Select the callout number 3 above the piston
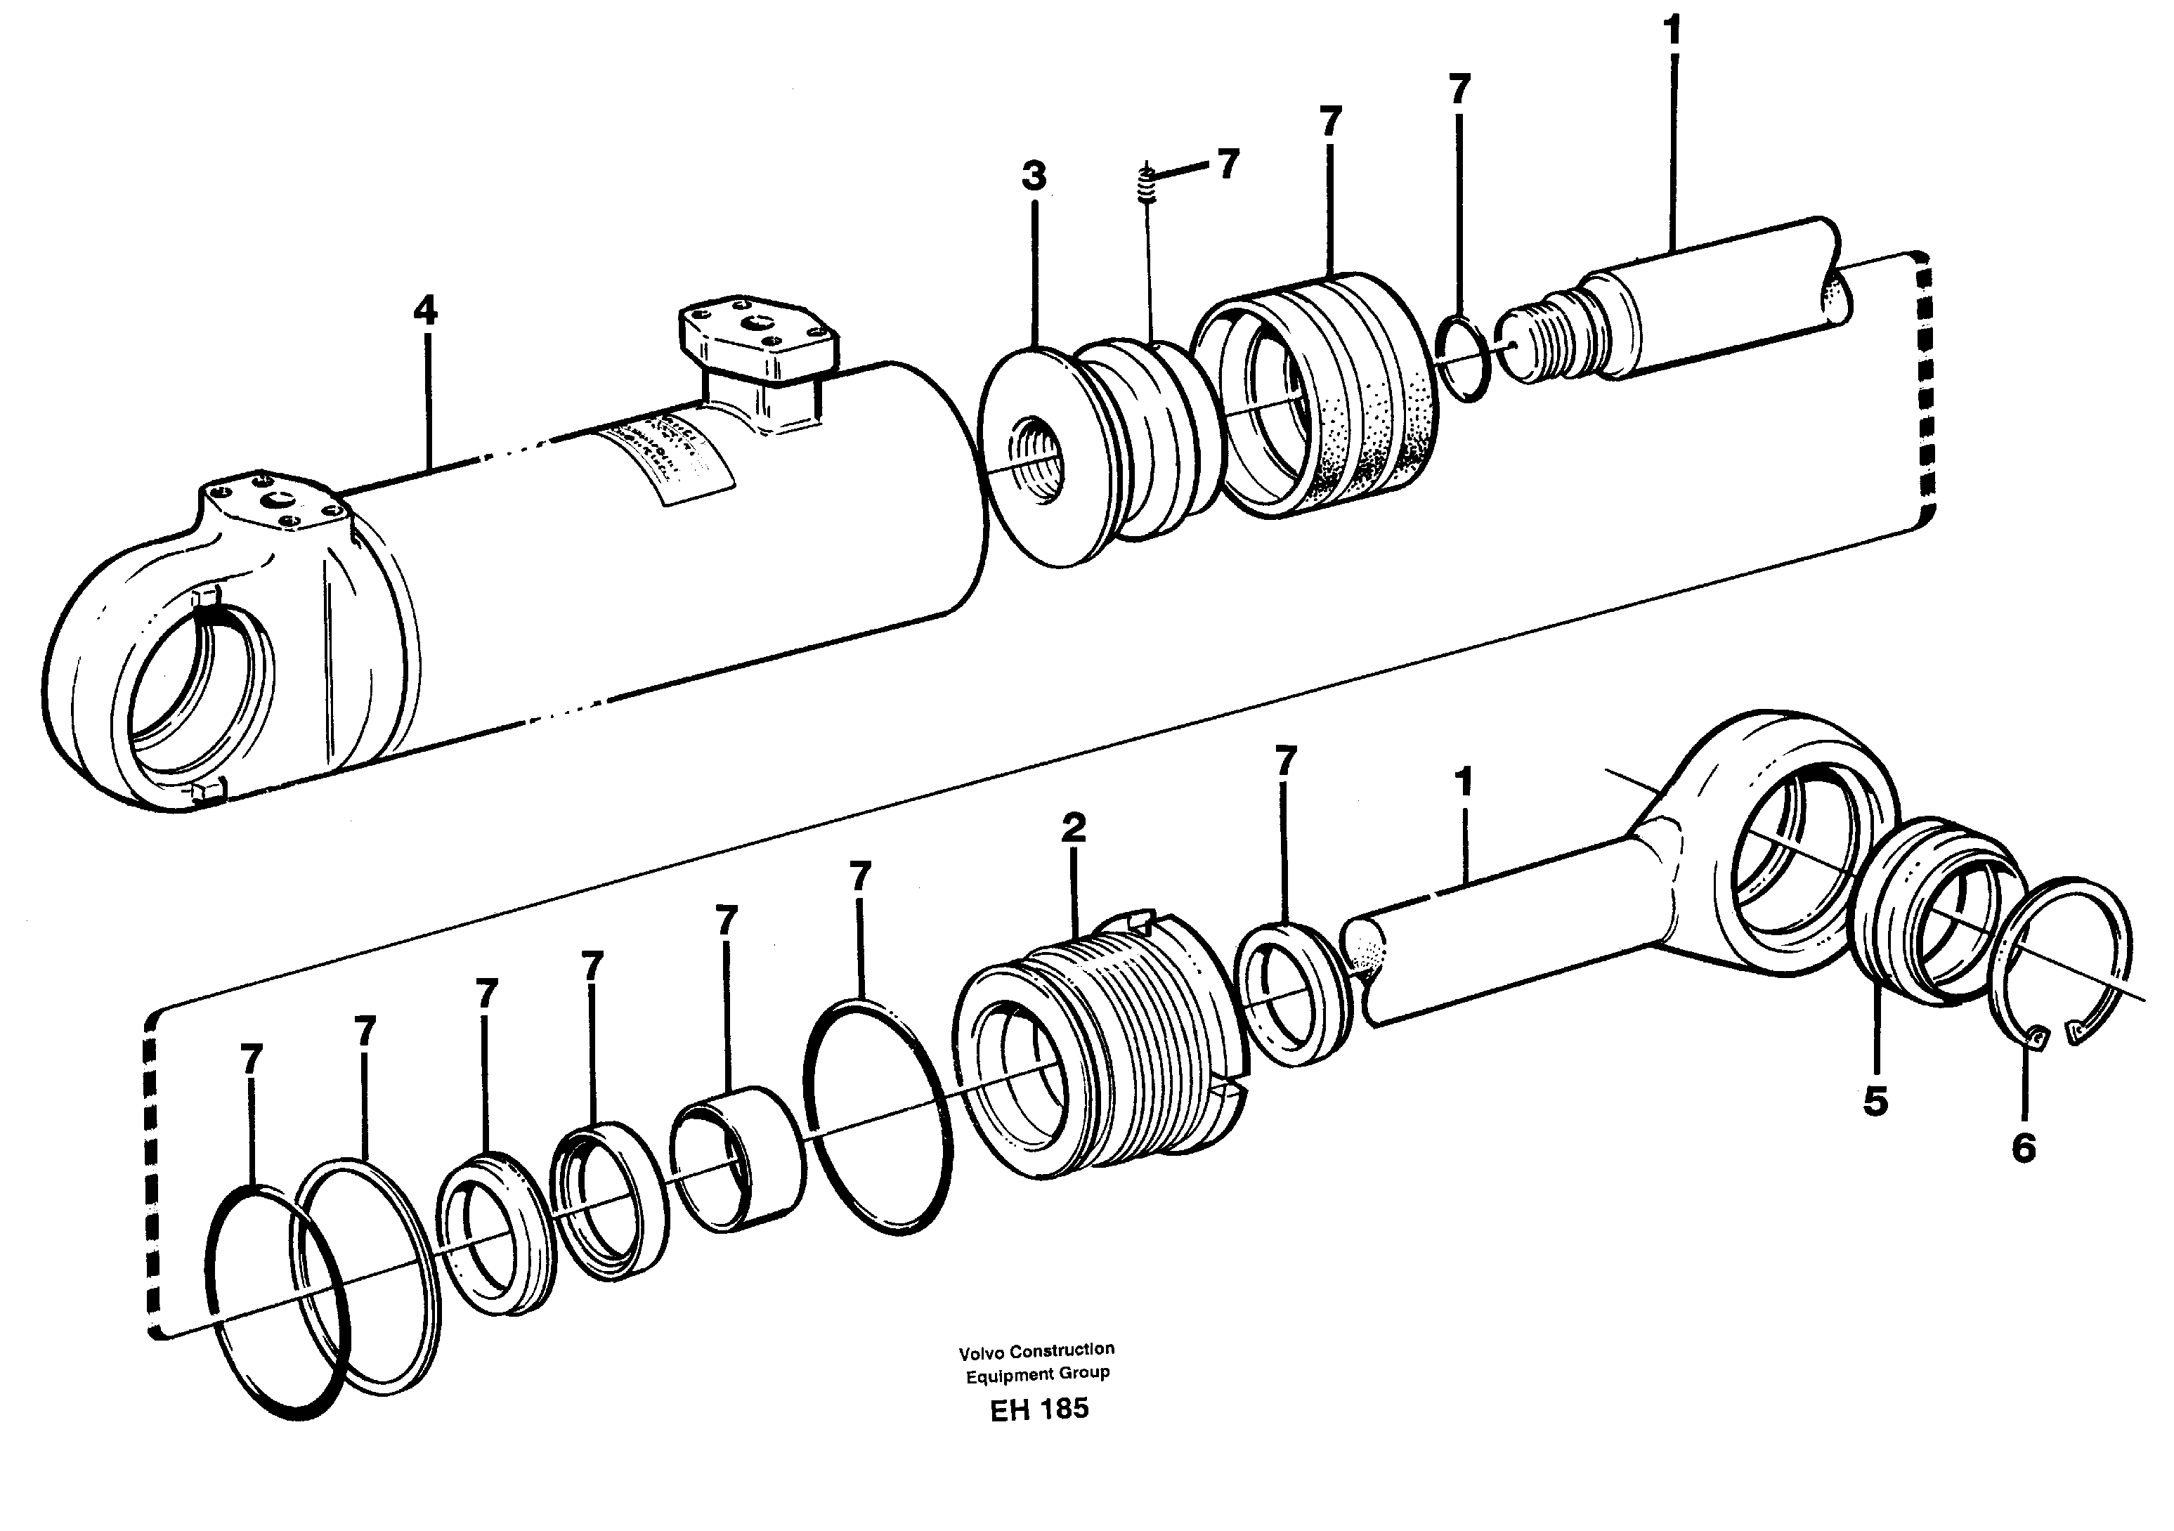click(x=1034, y=176)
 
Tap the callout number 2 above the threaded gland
click(x=1073, y=828)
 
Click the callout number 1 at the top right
click(x=1672, y=31)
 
